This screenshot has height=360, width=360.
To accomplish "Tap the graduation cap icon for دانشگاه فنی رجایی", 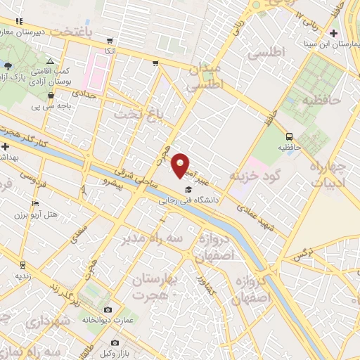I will (188, 190).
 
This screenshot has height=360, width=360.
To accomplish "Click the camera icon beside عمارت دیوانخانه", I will (108, 309).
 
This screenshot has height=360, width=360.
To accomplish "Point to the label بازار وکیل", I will (124, 349).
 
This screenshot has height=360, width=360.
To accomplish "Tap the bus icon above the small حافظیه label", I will (290, 136).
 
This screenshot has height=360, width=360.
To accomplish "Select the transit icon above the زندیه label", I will (22, 265).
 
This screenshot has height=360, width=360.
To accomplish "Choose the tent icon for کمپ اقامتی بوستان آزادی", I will (51, 62).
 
